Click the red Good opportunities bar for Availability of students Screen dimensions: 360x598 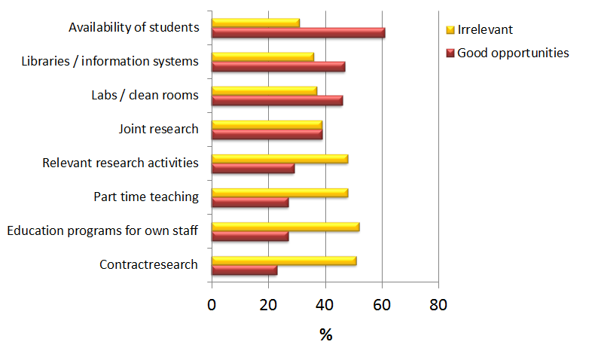coord(298,32)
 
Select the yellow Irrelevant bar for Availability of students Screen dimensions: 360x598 coord(255,23)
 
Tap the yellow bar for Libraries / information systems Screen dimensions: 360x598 coord(263,56)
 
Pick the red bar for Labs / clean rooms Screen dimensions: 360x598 coord(277,100)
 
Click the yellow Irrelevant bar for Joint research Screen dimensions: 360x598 coord(267,124)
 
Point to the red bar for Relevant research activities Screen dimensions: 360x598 coord(253,168)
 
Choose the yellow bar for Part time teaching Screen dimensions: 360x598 coord(279,193)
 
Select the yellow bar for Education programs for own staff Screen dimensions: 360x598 coord(285,227)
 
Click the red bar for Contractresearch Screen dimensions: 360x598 coord(244,270)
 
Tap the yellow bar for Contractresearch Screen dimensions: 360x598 coord(284,261)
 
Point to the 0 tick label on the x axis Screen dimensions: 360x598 coord(212,305)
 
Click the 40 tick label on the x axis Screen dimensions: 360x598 coord(325,305)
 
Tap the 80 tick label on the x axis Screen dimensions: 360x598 coord(438,305)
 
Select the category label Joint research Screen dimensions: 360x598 coord(159,129)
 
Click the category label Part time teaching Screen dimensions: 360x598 coord(146,197)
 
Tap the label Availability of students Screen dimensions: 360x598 coord(133,28)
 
